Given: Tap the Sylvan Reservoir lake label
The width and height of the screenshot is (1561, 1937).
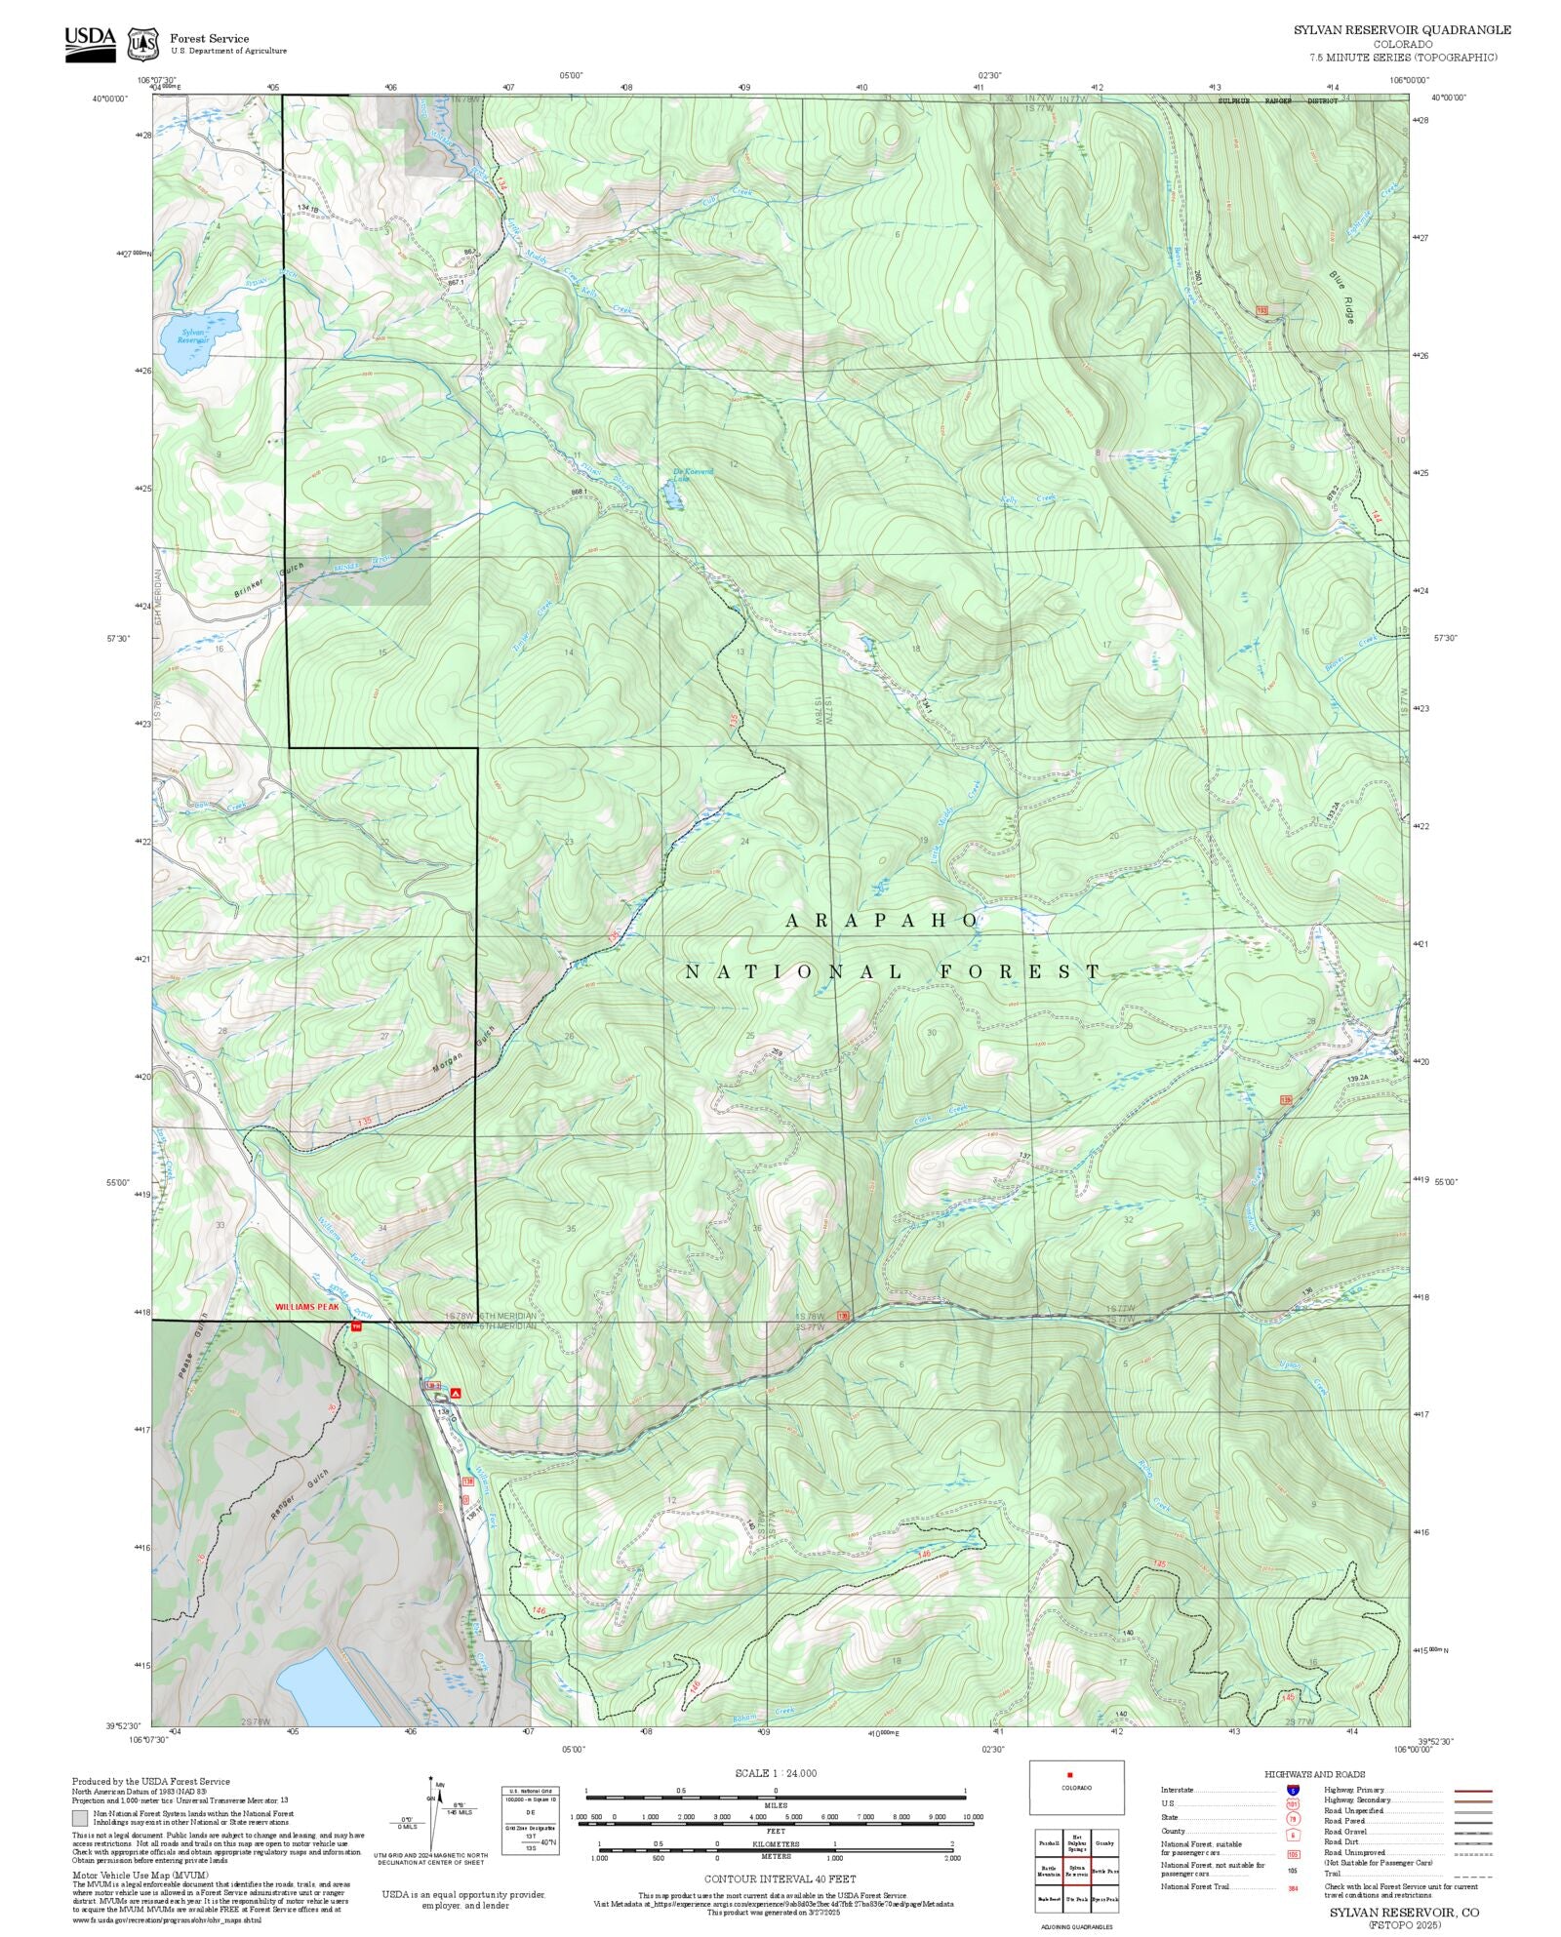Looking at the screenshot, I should [194, 336].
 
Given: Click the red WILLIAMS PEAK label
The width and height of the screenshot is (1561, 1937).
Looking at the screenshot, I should [306, 1305].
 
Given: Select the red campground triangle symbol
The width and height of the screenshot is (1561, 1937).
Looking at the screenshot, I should [456, 1394].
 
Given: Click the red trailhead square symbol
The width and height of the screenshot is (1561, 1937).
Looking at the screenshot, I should [355, 1325].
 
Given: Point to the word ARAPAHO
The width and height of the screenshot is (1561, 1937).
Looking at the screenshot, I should [882, 920].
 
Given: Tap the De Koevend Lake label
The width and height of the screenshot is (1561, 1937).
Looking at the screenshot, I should [693, 474].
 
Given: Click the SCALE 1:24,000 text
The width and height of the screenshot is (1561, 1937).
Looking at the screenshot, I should [776, 1772].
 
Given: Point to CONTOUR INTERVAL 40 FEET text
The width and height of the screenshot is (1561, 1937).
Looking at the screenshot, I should [780, 1878].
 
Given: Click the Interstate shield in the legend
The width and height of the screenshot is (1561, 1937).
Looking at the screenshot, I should [1293, 1791].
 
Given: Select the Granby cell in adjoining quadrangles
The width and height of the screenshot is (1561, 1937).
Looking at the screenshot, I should [1104, 1843].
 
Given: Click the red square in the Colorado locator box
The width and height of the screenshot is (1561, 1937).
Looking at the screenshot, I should [1070, 1775].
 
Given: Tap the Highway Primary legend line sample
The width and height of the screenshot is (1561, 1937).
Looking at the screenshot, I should [1472, 1791].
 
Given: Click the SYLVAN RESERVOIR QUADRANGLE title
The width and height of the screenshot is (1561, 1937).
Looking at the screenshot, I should [1402, 29].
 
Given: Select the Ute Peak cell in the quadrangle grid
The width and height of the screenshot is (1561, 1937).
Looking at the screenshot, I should [1077, 1899].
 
